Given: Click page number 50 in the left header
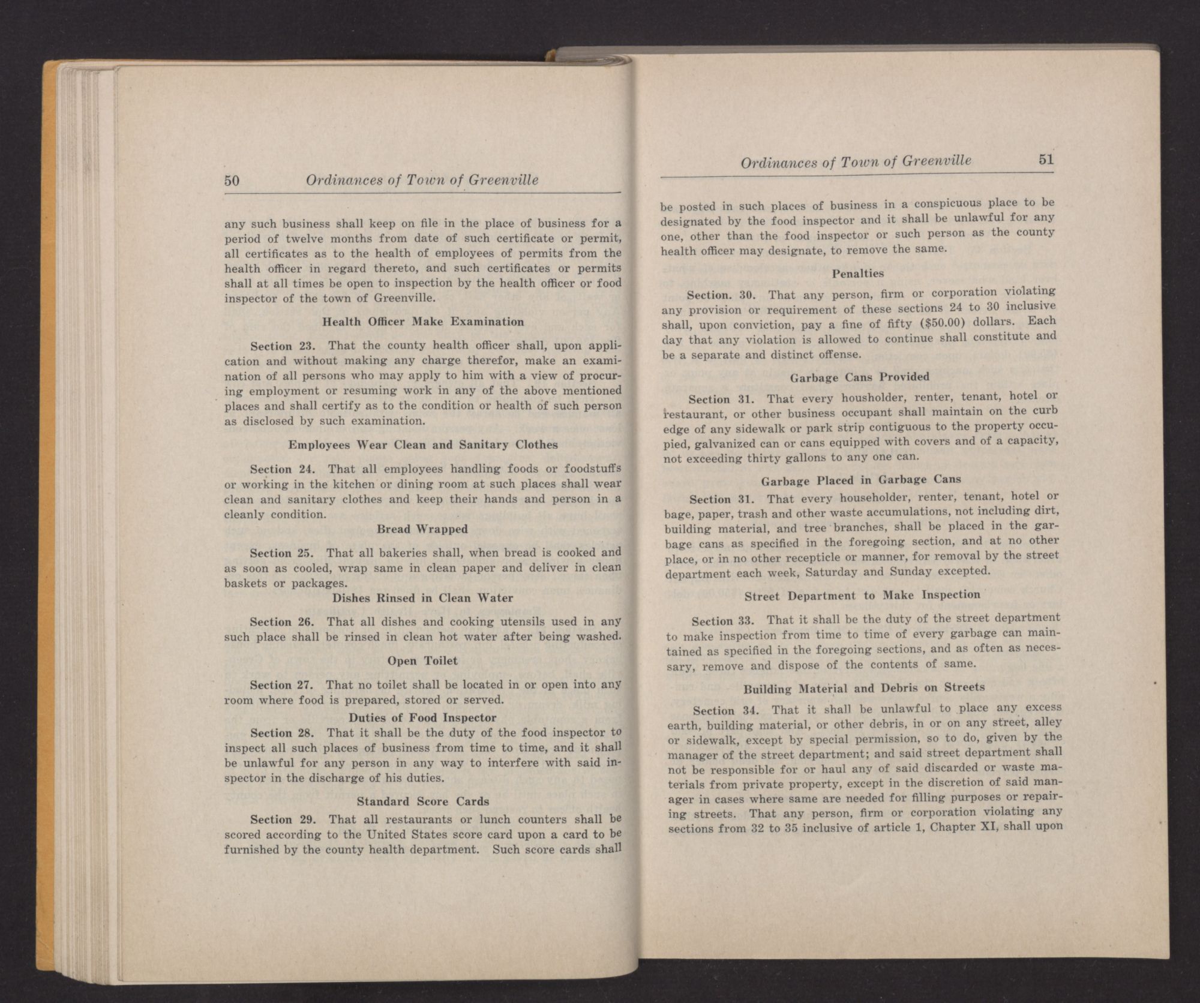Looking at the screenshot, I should tap(232, 180).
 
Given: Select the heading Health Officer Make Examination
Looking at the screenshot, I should tap(423, 322).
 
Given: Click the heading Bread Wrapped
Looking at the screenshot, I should tap(422, 529).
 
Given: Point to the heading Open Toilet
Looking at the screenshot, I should tap(422, 660).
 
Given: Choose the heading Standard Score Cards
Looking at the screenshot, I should tap(422, 801).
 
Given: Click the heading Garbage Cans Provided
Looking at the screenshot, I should tap(859, 377).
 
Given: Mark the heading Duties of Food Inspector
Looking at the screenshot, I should tap(422, 717).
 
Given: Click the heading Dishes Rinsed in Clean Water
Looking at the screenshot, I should tap(422, 597).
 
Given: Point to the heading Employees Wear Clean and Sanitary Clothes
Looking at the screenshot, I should tap(422, 445).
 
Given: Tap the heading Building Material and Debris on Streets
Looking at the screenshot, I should tap(864, 687).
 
